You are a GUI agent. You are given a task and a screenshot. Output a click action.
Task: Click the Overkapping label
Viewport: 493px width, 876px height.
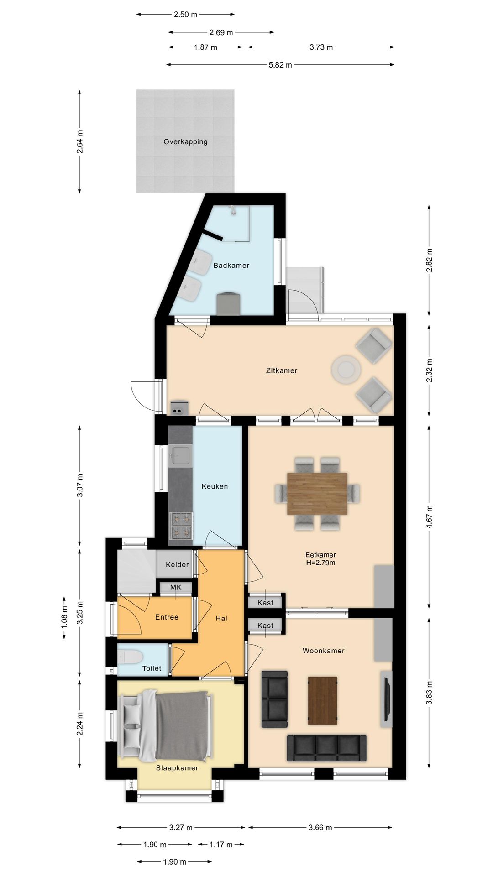185,141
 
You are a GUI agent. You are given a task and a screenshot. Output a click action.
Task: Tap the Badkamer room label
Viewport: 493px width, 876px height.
231,265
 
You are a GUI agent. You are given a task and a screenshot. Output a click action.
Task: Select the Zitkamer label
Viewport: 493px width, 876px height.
282,370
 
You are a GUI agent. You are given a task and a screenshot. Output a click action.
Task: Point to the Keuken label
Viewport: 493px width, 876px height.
215,486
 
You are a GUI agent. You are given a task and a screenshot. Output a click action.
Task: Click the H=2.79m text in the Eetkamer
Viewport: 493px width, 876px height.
320,563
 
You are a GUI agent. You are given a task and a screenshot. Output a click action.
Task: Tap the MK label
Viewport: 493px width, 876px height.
176,587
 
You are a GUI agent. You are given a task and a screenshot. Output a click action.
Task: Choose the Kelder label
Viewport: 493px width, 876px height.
177,564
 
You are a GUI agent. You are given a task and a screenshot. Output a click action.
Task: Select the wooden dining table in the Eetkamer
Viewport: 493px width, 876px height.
317,494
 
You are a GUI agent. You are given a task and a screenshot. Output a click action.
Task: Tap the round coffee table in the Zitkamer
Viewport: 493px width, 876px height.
346,369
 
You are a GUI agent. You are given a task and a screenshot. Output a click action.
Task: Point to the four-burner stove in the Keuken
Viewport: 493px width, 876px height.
181,526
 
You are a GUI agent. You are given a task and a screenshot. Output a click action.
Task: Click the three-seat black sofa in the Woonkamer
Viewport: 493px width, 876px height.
327,748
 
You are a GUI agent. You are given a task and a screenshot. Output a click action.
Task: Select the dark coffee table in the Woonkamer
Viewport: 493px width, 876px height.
322,700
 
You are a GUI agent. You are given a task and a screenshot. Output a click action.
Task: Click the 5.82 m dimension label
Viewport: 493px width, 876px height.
280,65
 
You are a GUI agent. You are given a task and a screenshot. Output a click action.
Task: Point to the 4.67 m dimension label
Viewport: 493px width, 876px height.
429,517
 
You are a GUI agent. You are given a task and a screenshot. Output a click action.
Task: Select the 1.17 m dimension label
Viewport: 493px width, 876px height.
221,845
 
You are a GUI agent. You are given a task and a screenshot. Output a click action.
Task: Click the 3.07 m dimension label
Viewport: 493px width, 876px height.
80,485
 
